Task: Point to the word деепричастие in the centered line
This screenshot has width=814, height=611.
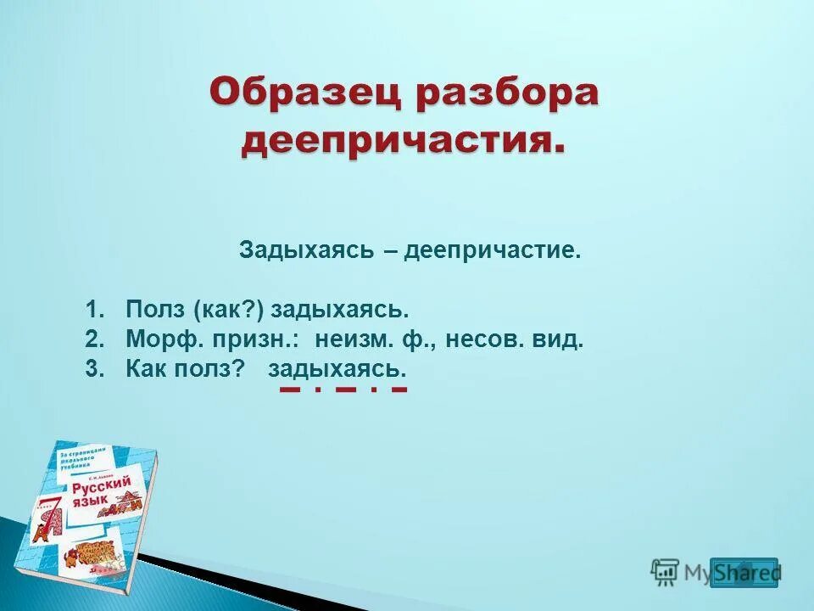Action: pos(493,251)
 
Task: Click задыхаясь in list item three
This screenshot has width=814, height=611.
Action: pos(337,368)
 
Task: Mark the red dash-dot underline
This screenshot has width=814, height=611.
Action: pos(343,390)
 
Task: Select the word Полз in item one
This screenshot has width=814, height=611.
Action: pos(153,310)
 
